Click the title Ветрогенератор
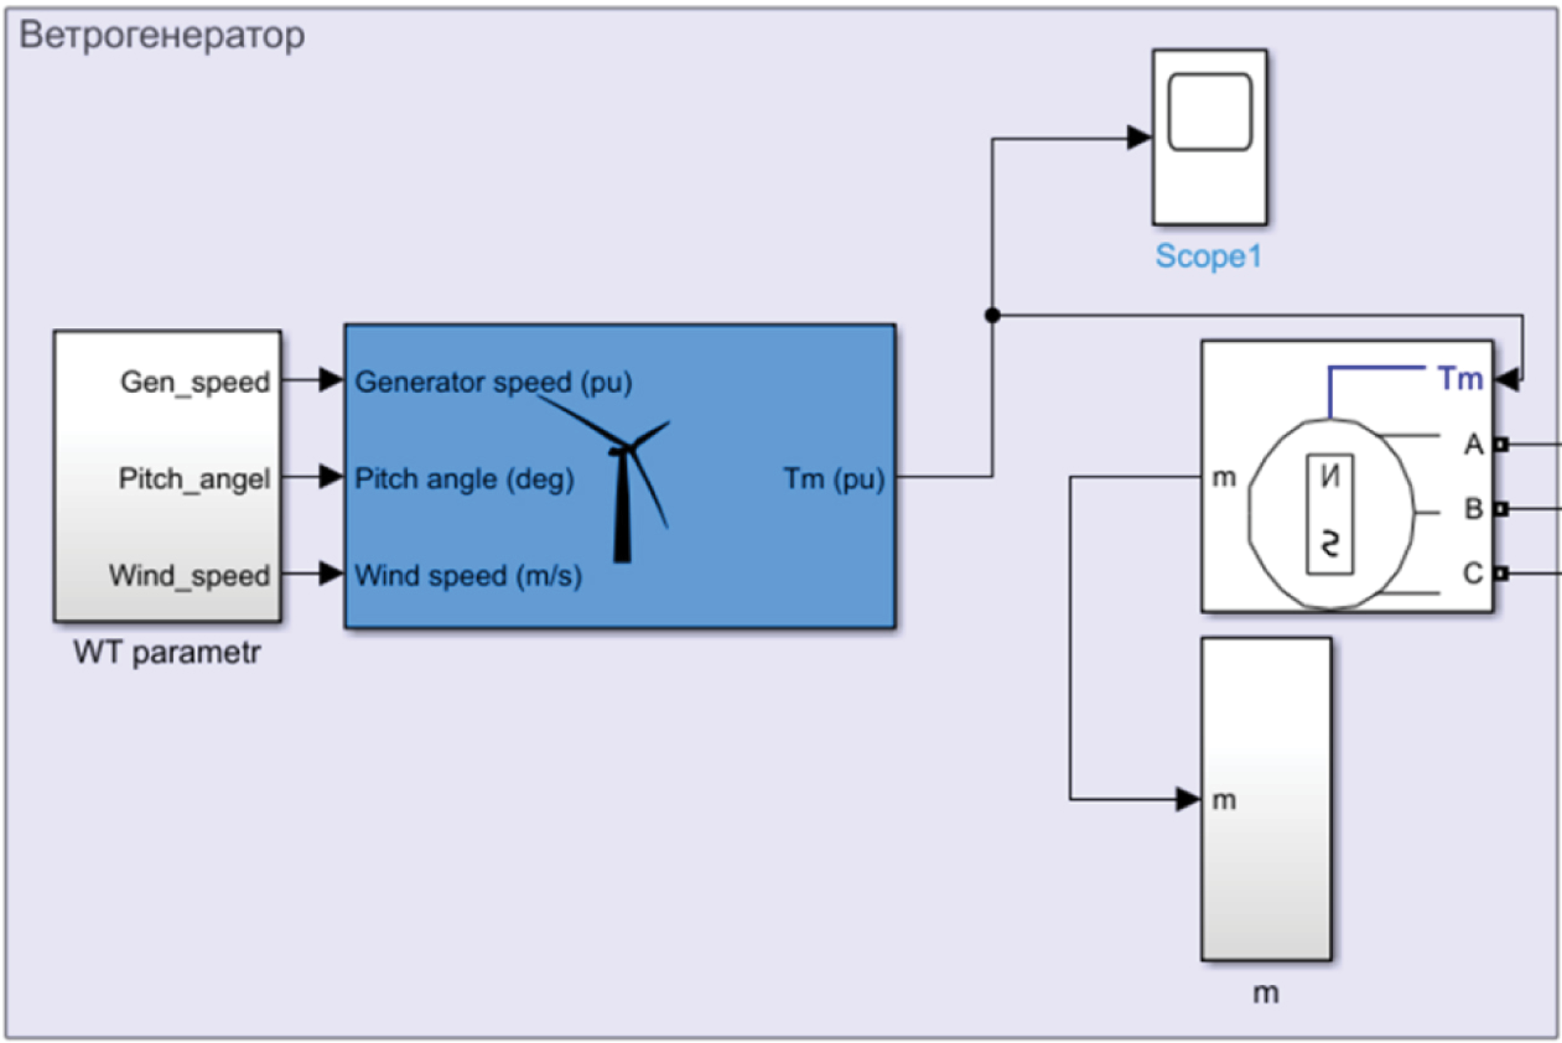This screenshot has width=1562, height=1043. coord(162,34)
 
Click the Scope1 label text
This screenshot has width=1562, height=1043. coord(1208,256)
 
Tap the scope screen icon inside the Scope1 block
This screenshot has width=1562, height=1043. coord(1210,112)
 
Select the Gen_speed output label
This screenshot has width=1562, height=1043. coord(195,382)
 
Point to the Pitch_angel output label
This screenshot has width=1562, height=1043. coord(194,478)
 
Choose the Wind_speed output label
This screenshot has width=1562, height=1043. coord(189,575)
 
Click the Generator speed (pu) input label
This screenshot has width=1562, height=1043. coord(493,382)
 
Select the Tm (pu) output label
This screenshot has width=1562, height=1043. coord(834,478)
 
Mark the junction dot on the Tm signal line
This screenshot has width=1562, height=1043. coord(992,315)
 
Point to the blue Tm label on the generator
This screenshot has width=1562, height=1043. coord(1460,379)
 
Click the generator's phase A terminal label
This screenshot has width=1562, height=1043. coord(1473,444)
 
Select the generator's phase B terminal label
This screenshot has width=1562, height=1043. coord(1473,509)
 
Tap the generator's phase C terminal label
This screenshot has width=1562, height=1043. coord(1473,573)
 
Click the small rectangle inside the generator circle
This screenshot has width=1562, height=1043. coord(1329,514)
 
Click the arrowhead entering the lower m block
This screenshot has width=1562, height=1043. coord(1188,799)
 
